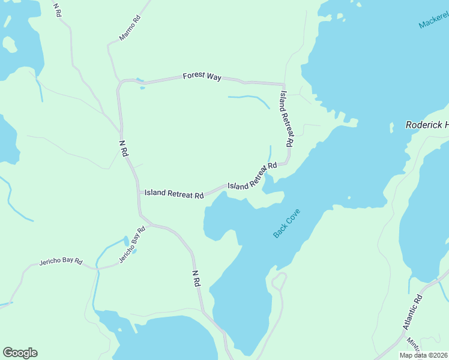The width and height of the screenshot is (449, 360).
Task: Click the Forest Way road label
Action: (202, 77)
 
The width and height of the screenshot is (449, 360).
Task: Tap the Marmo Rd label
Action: (129, 28)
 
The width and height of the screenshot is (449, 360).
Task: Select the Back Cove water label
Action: (286, 224)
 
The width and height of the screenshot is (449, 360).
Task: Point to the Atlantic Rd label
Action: (413, 311)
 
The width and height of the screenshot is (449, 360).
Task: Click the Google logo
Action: (20, 353)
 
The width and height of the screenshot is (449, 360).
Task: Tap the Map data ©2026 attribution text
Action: (423, 355)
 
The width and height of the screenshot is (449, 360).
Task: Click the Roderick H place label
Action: (427, 125)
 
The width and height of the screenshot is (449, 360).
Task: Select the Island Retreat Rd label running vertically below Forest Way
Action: (286, 119)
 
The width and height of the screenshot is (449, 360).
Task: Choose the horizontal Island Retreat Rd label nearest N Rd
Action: (174, 194)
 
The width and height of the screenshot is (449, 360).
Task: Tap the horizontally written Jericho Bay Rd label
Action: (61, 262)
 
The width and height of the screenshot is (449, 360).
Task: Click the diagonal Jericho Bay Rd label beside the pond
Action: (132, 245)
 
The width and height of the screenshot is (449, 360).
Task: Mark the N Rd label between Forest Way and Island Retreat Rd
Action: (123, 148)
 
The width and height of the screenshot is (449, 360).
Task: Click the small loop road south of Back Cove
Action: (279, 280)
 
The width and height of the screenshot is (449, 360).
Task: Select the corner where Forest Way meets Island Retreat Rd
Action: (283, 85)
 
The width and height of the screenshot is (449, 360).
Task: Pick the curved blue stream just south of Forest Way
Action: (249, 98)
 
